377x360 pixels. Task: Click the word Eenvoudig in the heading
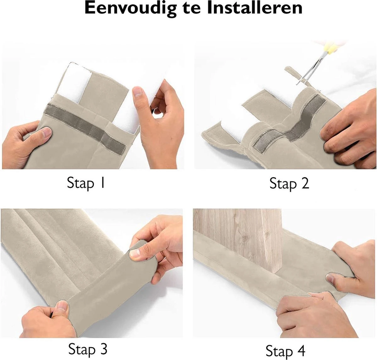(130, 9)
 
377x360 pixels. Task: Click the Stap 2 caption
(289, 184)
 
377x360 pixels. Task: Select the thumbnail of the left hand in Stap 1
(47, 132)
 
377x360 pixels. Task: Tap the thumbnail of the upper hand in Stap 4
(331, 278)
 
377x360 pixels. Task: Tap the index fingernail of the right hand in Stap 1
(138, 92)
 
